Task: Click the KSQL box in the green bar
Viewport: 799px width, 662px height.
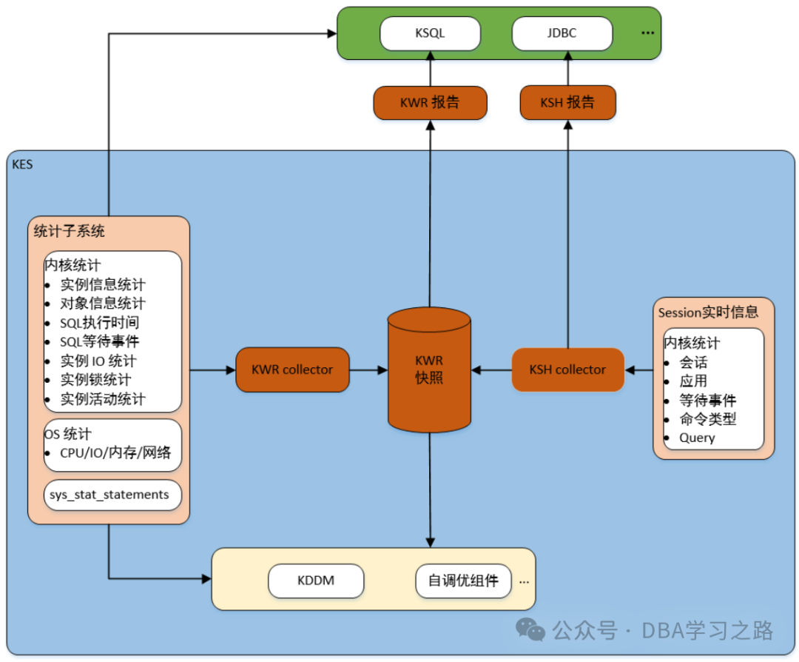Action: pos(430,33)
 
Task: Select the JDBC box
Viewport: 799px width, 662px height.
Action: pos(562,33)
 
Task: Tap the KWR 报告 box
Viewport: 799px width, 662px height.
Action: pos(430,102)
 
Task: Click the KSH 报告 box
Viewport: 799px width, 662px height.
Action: pos(567,102)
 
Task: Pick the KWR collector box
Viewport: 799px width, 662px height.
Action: pos(292,370)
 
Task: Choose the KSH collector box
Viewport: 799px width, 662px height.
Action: pos(567,370)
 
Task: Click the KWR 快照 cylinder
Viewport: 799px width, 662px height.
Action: pos(429,370)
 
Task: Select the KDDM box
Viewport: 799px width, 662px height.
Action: pos(316,581)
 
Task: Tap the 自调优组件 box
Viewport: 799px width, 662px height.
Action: pos(463,581)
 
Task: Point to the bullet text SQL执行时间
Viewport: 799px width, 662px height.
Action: pos(100,323)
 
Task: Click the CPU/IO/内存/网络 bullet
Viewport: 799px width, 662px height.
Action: pos(115,453)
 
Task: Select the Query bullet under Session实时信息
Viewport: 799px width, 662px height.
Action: pos(697,438)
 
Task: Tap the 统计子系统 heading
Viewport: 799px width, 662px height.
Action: pos(70,231)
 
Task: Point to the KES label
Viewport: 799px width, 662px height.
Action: pos(22,164)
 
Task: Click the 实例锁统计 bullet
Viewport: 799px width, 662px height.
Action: pos(96,380)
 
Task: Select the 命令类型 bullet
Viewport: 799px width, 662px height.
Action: pos(708,419)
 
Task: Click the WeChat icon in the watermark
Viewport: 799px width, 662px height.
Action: pos(530,631)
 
